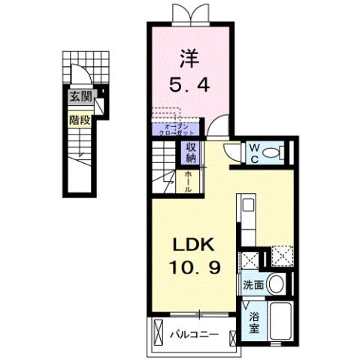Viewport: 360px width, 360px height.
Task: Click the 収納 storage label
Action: coord(192,153)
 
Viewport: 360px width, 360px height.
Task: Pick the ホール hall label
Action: coord(191,181)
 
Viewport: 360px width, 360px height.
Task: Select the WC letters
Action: coord(256,152)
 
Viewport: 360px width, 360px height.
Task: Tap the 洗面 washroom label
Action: coord(253,286)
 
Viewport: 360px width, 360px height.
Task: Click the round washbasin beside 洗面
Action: coord(277,285)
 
